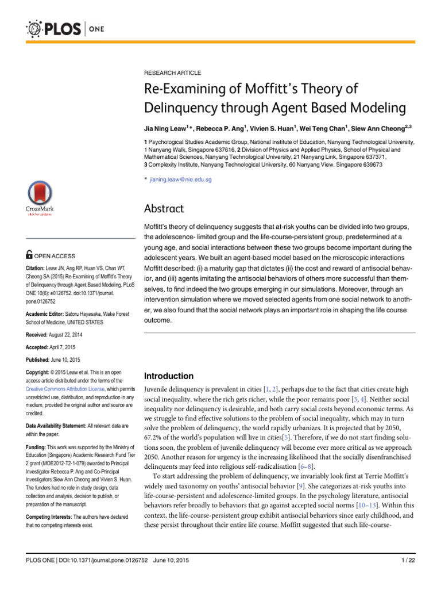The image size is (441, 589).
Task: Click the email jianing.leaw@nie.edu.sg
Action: [x=180, y=179]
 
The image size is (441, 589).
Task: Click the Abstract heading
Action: [x=164, y=209]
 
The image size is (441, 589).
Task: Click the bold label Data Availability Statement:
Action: [x=61, y=425]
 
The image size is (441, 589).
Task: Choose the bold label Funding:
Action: [x=38, y=447]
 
